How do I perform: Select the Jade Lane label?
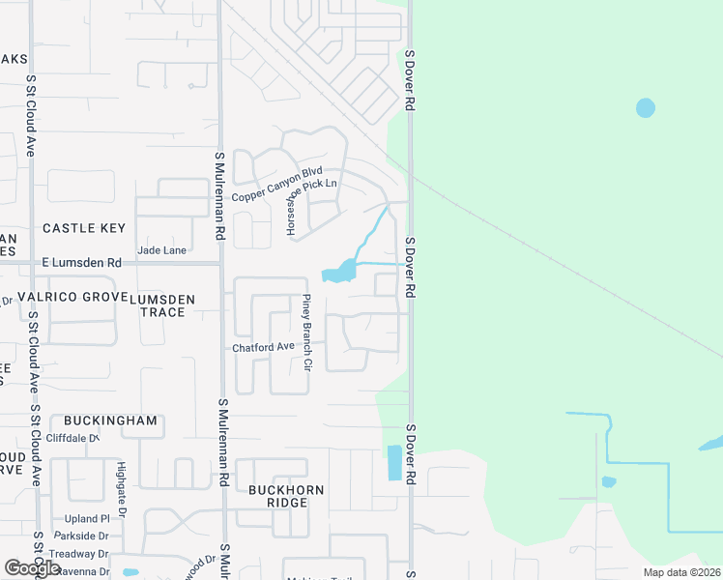(x=162, y=249)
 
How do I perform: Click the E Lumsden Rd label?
(x=81, y=263)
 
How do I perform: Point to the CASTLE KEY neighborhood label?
(x=84, y=228)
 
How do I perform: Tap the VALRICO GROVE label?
(x=72, y=297)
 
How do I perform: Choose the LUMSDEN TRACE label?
(x=162, y=305)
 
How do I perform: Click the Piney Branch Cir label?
(x=306, y=333)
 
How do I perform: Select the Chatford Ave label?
(x=262, y=347)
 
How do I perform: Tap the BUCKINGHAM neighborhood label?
(x=110, y=421)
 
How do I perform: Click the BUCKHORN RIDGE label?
(x=285, y=497)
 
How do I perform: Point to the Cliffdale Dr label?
(x=68, y=438)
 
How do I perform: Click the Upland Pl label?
(x=81, y=519)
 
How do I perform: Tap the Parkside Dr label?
(x=81, y=536)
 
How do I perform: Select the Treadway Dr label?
(x=81, y=554)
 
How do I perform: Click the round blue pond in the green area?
(x=646, y=107)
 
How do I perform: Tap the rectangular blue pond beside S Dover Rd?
(x=394, y=463)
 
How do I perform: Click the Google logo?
(x=33, y=568)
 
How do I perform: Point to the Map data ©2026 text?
(x=680, y=572)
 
